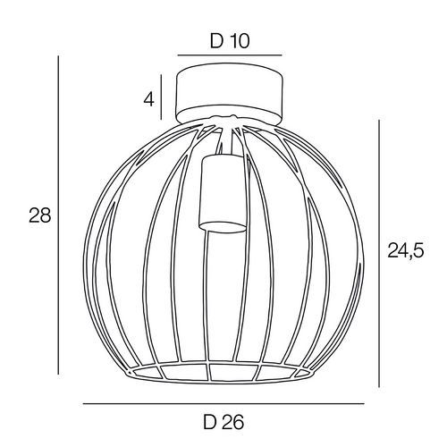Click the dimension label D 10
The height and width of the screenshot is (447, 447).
tap(230, 41)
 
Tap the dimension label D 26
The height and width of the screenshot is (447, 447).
tap(223, 422)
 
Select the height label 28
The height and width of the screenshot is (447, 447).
tap(40, 215)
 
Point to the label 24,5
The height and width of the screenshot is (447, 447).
tap(405, 252)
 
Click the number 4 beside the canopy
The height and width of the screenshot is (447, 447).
tap(149, 99)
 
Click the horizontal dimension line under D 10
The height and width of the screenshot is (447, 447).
tap(230, 55)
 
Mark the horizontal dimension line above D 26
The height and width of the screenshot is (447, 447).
tap(223, 404)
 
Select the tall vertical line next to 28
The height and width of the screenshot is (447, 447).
tap(58, 215)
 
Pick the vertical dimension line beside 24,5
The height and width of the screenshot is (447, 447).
tap(379, 253)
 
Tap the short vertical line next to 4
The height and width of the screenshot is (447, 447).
tap(161, 97)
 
